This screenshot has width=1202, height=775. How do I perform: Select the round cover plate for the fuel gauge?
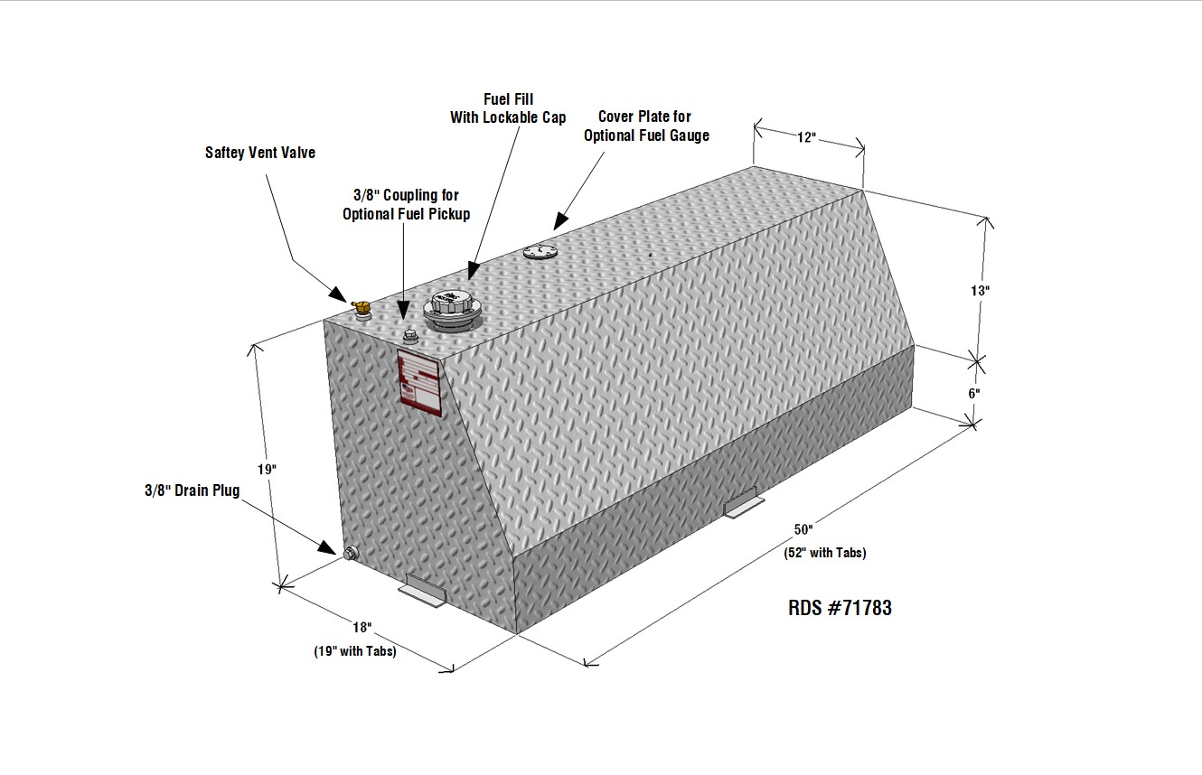pyautogui.click(x=540, y=251)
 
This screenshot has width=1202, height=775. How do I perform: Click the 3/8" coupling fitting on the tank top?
pyautogui.click(x=410, y=338)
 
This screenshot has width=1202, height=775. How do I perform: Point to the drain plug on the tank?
pyautogui.click(x=351, y=554)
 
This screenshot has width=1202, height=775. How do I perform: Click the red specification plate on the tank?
pyautogui.click(x=420, y=382)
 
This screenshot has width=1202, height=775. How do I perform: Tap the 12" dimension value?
pyautogui.click(x=806, y=138)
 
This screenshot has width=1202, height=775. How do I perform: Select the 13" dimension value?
pyautogui.click(x=980, y=291)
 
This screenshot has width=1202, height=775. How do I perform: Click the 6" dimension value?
pyautogui.click(x=974, y=393)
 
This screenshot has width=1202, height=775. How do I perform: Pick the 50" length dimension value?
pyautogui.click(x=803, y=529)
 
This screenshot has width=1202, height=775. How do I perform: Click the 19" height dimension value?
pyautogui.click(x=267, y=470)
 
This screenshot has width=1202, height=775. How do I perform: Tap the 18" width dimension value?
pyautogui.click(x=362, y=627)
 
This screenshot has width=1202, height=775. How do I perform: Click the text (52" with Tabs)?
pyautogui.click(x=825, y=553)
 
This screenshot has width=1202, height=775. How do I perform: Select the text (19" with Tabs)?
pyautogui.click(x=355, y=651)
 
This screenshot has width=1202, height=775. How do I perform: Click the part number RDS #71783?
pyautogui.click(x=840, y=608)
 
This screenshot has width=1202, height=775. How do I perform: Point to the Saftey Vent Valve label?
pyautogui.click(x=260, y=153)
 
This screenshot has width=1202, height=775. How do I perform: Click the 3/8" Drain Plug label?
pyautogui.click(x=193, y=490)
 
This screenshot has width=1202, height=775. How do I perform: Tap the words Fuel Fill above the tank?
pyautogui.click(x=509, y=99)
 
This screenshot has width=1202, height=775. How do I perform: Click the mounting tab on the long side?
pyautogui.click(x=743, y=504)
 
